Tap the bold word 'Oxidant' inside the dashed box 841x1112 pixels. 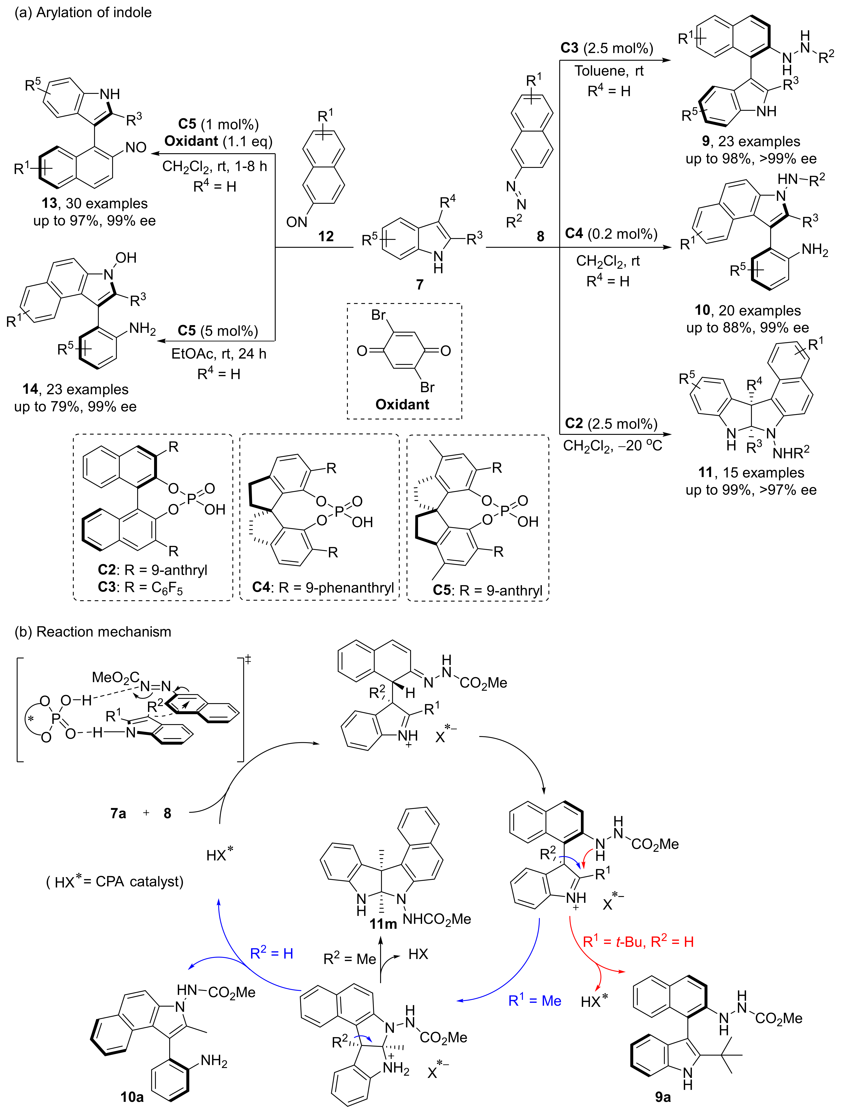coord(402,405)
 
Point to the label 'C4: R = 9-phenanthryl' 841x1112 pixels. coord(323,587)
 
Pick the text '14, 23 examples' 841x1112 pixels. coord(75,389)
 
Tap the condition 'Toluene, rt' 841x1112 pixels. coord(609,71)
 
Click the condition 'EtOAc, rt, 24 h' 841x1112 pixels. coord(219,354)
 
